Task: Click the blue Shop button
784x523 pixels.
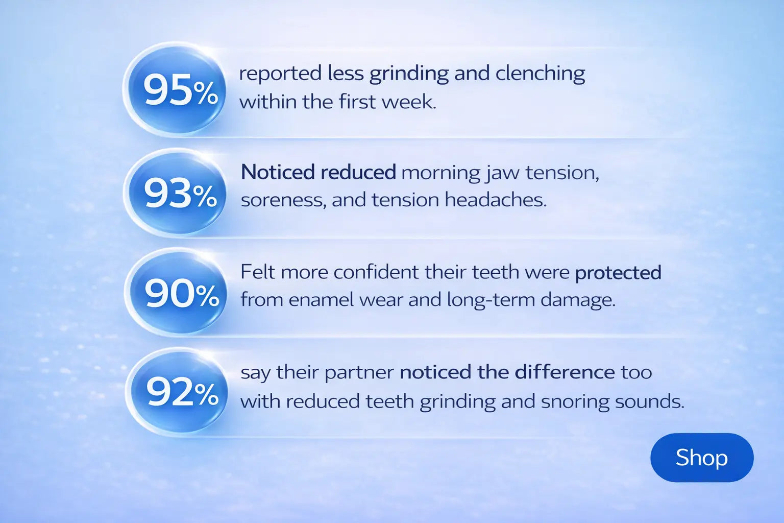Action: click(x=702, y=457)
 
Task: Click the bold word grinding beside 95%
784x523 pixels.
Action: click(x=409, y=74)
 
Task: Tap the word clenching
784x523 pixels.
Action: click(x=540, y=74)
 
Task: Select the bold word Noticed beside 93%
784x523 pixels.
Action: click(x=278, y=172)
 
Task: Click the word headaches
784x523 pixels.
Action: click(x=496, y=200)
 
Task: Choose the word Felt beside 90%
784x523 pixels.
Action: click(x=258, y=272)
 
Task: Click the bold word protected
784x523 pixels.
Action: click(x=618, y=273)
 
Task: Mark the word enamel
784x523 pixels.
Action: click(x=321, y=300)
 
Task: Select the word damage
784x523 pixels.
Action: click(x=578, y=301)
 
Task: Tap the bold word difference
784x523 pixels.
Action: click(x=565, y=372)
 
